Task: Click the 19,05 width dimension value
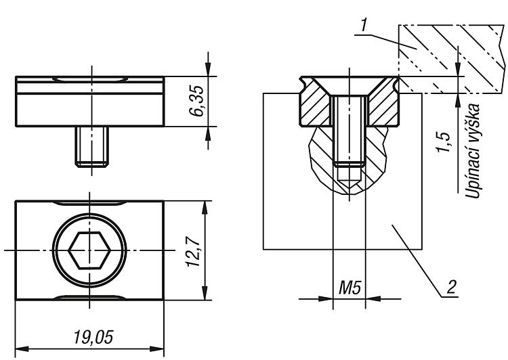pyautogui.click(x=93, y=338)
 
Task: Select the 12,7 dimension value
pyautogui.click(x=194, y=251)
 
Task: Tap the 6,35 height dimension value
pyautogui.click(x=197, y=101)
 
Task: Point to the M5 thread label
pyautogui.click(x=350, y=288)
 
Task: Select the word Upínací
pyautogui.click(x=473, y=175)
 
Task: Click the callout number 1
pyautogui.click(x=364, y=25)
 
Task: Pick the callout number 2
pyautogui.click(x=452, y=286)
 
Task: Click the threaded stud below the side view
pyautogui.click(x=91, y=147)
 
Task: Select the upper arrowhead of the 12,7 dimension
pyautogui.click(x=205, y=208)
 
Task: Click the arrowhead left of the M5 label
pyautogui.click(x=326, y=299)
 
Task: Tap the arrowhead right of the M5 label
pyautogui.click(x=373, y=299)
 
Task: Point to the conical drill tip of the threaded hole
pyautogui.click(x=350, y=182)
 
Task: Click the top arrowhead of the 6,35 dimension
pyautogui.click(x=208, y=69)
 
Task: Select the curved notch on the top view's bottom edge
pyautogui.click(x=89, y=298)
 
